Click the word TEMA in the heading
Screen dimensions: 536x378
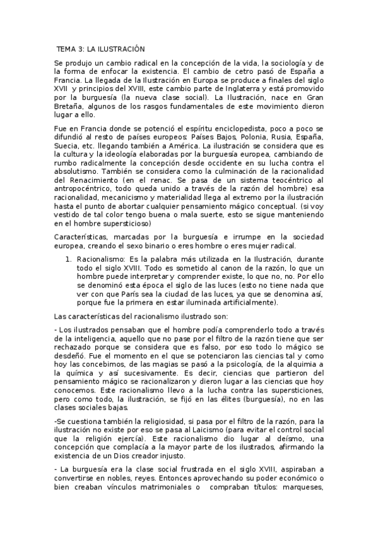tap(66, 48)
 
